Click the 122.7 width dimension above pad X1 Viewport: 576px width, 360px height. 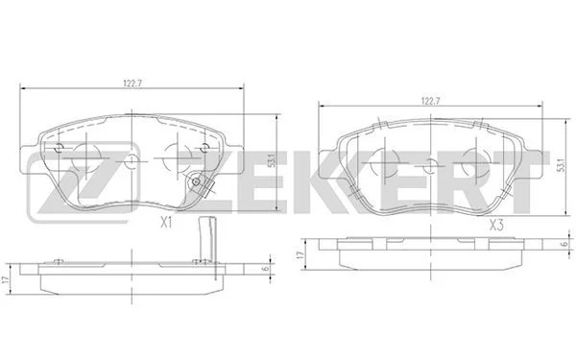pyautogui.click(x=132, y=84)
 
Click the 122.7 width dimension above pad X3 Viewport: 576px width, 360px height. pyautogui.click(x=431, y=102)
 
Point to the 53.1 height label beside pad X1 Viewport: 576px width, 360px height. pyautogui.click(x=273, y=161)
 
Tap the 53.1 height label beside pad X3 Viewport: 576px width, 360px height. pyautogui.click(x=561, y=165)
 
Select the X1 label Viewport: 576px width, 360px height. pyautogui.click(x=166, y=223)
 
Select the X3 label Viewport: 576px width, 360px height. pyautogui.click(x=496, y=225)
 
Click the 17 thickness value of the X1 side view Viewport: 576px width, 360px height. pyautogui.click(x=5, y=279)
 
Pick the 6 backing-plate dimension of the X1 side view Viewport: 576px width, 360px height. pyautogui.click(x=266, y=269)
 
